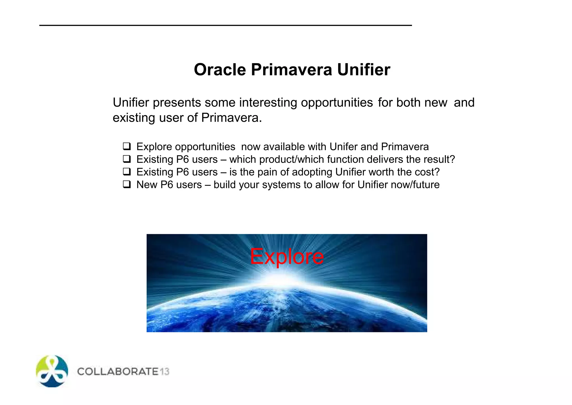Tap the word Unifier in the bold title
coord(363,70)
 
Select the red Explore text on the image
coord(287,256)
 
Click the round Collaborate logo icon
coord(52,371)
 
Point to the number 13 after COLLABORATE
coord(165,371)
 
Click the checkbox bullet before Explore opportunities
coord(127,146)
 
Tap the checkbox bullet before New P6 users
coord(127,184)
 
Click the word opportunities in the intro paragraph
coord(337,103)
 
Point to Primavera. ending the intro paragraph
coord(232,118)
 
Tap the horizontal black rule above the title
coord(225,25)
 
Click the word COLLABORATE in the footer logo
coord(118,371)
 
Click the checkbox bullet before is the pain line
coord(127,171)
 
